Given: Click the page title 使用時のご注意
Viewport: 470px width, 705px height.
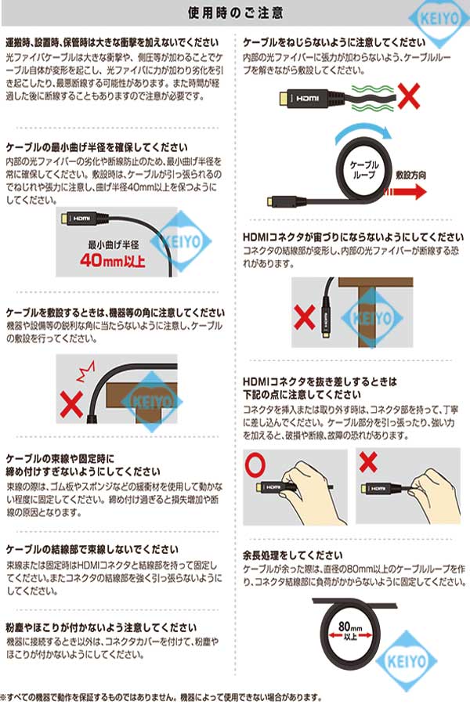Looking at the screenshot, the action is coord(235,13).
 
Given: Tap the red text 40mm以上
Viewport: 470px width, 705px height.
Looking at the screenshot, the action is coord(113,260).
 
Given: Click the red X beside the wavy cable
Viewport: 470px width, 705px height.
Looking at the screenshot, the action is coord(408,96).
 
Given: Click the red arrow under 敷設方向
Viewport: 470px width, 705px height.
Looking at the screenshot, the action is coord(405,192).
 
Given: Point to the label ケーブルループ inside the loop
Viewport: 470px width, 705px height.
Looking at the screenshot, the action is coord(363,169).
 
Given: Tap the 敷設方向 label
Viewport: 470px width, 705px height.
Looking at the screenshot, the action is coord(410,175).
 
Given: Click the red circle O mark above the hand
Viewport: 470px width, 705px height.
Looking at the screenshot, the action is coord(255,466).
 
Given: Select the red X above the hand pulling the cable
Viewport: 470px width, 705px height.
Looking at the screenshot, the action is coord(368,461).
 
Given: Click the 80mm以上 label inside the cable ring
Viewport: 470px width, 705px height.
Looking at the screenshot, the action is coord(350,630).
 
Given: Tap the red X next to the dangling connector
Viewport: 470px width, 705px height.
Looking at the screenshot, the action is coord(304,317).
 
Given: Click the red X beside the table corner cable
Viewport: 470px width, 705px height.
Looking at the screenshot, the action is coord(71,403).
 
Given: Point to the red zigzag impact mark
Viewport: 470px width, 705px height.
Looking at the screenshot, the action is coord(85,371).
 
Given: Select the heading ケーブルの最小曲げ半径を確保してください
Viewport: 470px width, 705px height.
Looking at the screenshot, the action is coord(96,147).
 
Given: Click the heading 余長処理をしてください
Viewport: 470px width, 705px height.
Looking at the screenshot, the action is coord(292,555).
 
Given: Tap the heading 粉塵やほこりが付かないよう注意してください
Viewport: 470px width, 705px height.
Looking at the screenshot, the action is coord(101,627).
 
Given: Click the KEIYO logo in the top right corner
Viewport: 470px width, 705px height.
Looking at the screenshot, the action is coord(439,19).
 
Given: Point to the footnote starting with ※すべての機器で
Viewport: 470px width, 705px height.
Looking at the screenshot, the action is coord(161,697).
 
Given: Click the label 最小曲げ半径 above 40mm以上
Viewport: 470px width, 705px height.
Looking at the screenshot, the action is coord(114,245).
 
